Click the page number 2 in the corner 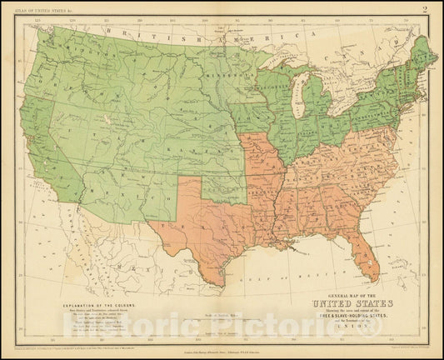tap(425, 10)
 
